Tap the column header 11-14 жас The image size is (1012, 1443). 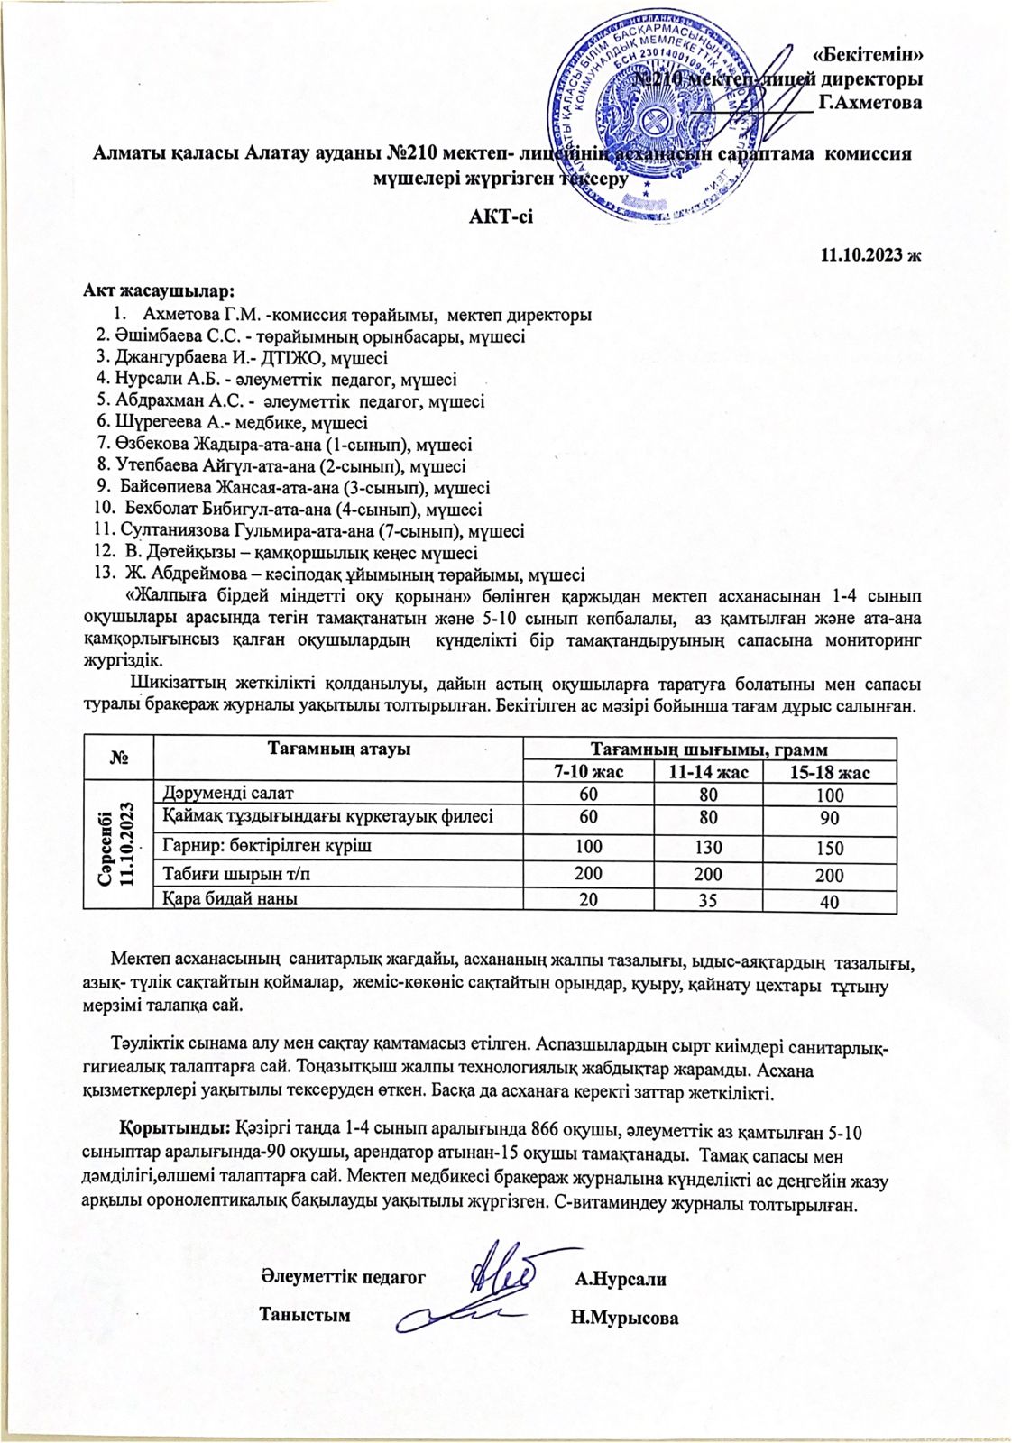pos(708,772)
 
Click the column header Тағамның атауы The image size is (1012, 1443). pos(339,749)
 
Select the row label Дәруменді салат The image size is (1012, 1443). pos(228,794)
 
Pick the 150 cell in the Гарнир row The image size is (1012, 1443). pos(830,849)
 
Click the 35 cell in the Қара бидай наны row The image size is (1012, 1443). pos(708,900)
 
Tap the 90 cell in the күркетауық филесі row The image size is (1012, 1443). pos(830,819)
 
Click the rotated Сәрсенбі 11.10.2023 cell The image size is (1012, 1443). pos(118,848)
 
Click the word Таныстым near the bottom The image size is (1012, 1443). pos(304,1314)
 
